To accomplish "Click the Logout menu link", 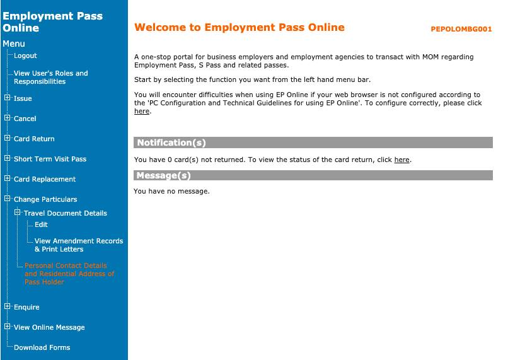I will [x=25, y=55].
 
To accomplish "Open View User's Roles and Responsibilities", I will [x=50, y=78].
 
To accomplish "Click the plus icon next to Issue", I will [x=8, y=98].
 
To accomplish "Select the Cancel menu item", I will [x=25, y=119].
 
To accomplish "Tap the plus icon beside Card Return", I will [x=8, y=138].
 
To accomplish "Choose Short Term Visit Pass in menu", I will [x=50, y=159].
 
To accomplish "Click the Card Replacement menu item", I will [x=45, y=179].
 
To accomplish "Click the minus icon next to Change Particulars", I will [x=8, y=199].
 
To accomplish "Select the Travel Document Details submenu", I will [x=66, y=213].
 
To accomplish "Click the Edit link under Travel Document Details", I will [x=41, y=224].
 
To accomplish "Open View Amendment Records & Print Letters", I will [x=78, y=245].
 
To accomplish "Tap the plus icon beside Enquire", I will [x=8, y=306].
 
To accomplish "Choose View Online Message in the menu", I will [x=49, y=327].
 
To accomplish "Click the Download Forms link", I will [x=42, y=347].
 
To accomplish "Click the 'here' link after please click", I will [x=141, y=111].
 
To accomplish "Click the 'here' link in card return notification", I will [x=401, y=160].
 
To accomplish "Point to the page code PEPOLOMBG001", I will [x=461, y=29].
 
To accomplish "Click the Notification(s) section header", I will [x=171, y=142].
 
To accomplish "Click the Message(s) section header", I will [x=163, y=175].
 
